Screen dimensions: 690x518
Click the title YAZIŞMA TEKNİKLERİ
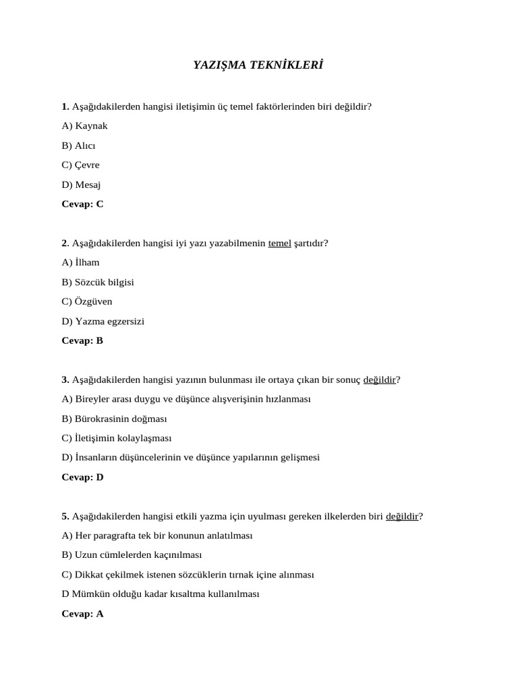pos(258,65)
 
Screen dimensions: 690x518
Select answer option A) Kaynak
pos(84,126)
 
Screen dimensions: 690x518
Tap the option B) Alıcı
pos(78,146)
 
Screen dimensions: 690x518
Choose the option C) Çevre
pos(80,165)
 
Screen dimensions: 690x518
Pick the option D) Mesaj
pos(81,185)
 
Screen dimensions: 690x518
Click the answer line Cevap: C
pos(82,203)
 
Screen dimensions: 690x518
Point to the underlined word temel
pos(280,243)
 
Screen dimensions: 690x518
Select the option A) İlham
pos(80,262)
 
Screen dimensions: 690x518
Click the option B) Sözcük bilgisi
pos(98,282)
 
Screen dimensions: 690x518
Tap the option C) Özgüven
pos(87,301)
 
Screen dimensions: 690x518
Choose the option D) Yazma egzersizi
pos(103,321)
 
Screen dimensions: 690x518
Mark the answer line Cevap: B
pos(82,340)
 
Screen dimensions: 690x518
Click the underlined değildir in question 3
pos(379,380)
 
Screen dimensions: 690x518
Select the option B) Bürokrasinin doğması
pos(114,419)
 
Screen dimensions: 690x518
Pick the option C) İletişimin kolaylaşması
pos(117,438)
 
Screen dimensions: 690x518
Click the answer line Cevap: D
pos(82,477)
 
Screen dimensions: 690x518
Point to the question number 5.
pos(65,516)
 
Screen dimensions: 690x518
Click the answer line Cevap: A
pos(82,614)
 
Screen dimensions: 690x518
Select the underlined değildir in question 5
pos(402,516)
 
